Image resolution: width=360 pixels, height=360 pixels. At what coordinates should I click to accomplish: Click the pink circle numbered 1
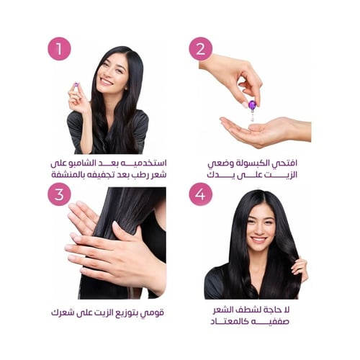59,49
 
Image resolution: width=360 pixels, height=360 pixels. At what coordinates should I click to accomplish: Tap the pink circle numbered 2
201,49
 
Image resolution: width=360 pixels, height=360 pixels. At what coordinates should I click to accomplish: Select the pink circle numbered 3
59,194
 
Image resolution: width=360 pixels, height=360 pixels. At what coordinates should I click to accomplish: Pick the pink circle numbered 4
201,194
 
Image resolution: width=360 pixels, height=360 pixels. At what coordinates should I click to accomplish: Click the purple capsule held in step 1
76,84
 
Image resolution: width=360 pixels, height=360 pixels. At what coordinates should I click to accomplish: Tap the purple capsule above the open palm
252,105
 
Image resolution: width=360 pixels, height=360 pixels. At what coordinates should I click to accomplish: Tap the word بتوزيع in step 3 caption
129,313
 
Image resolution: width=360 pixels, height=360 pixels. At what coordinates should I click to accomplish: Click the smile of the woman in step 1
107,81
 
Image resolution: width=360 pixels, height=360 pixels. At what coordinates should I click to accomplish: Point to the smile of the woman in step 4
258,239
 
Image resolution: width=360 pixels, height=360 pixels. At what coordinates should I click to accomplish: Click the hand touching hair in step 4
300,269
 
